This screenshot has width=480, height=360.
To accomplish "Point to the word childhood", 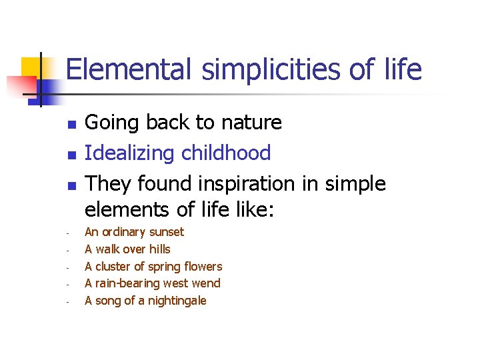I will click(228, 153).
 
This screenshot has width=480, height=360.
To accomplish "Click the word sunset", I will click(166, 232).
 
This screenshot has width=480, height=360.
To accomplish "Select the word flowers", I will click(203, 267).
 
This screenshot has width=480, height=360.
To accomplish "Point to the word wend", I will click(207, 283).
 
